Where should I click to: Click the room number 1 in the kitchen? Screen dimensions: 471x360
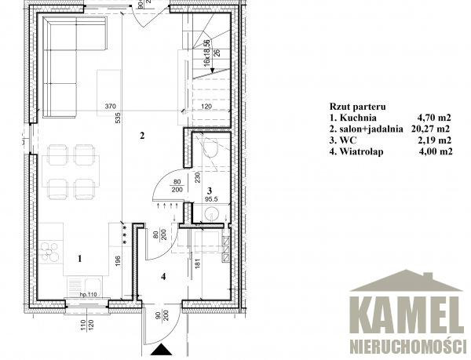79,258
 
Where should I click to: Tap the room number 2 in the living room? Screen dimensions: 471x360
142,136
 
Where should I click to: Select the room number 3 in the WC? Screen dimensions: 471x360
210,191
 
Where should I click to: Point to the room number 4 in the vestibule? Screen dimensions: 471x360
163,276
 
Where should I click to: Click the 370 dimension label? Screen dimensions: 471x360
110,106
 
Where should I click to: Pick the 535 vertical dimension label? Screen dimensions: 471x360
118,118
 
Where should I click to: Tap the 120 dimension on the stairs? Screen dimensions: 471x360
206,106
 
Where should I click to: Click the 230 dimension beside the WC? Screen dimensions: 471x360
197,177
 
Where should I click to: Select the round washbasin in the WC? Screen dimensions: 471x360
212,214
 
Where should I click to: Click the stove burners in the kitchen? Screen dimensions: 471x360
49,252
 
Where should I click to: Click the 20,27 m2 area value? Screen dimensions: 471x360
430,129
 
